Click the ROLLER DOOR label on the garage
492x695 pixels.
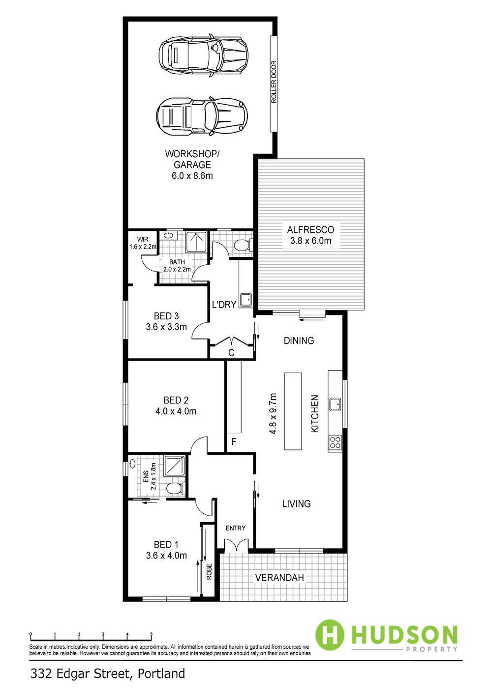[x=274, y=82]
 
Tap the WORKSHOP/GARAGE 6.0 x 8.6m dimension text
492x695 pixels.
[x=192, y=176]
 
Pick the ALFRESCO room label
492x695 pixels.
[x=310, y=230]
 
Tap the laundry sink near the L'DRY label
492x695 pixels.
[x=246, y=300]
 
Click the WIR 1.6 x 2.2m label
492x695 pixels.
[x=143, y=243]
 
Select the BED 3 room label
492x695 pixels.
[x=166, y=316]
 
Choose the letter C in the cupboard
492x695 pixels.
[x=232, y=353]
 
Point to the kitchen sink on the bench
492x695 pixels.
[x=336, y=404]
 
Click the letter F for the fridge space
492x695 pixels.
[x=234, y=442]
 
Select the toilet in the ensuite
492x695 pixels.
[x=175, y=489]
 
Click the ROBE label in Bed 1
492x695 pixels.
[x=209, y=572]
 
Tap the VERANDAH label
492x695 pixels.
[x=279, y=578]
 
